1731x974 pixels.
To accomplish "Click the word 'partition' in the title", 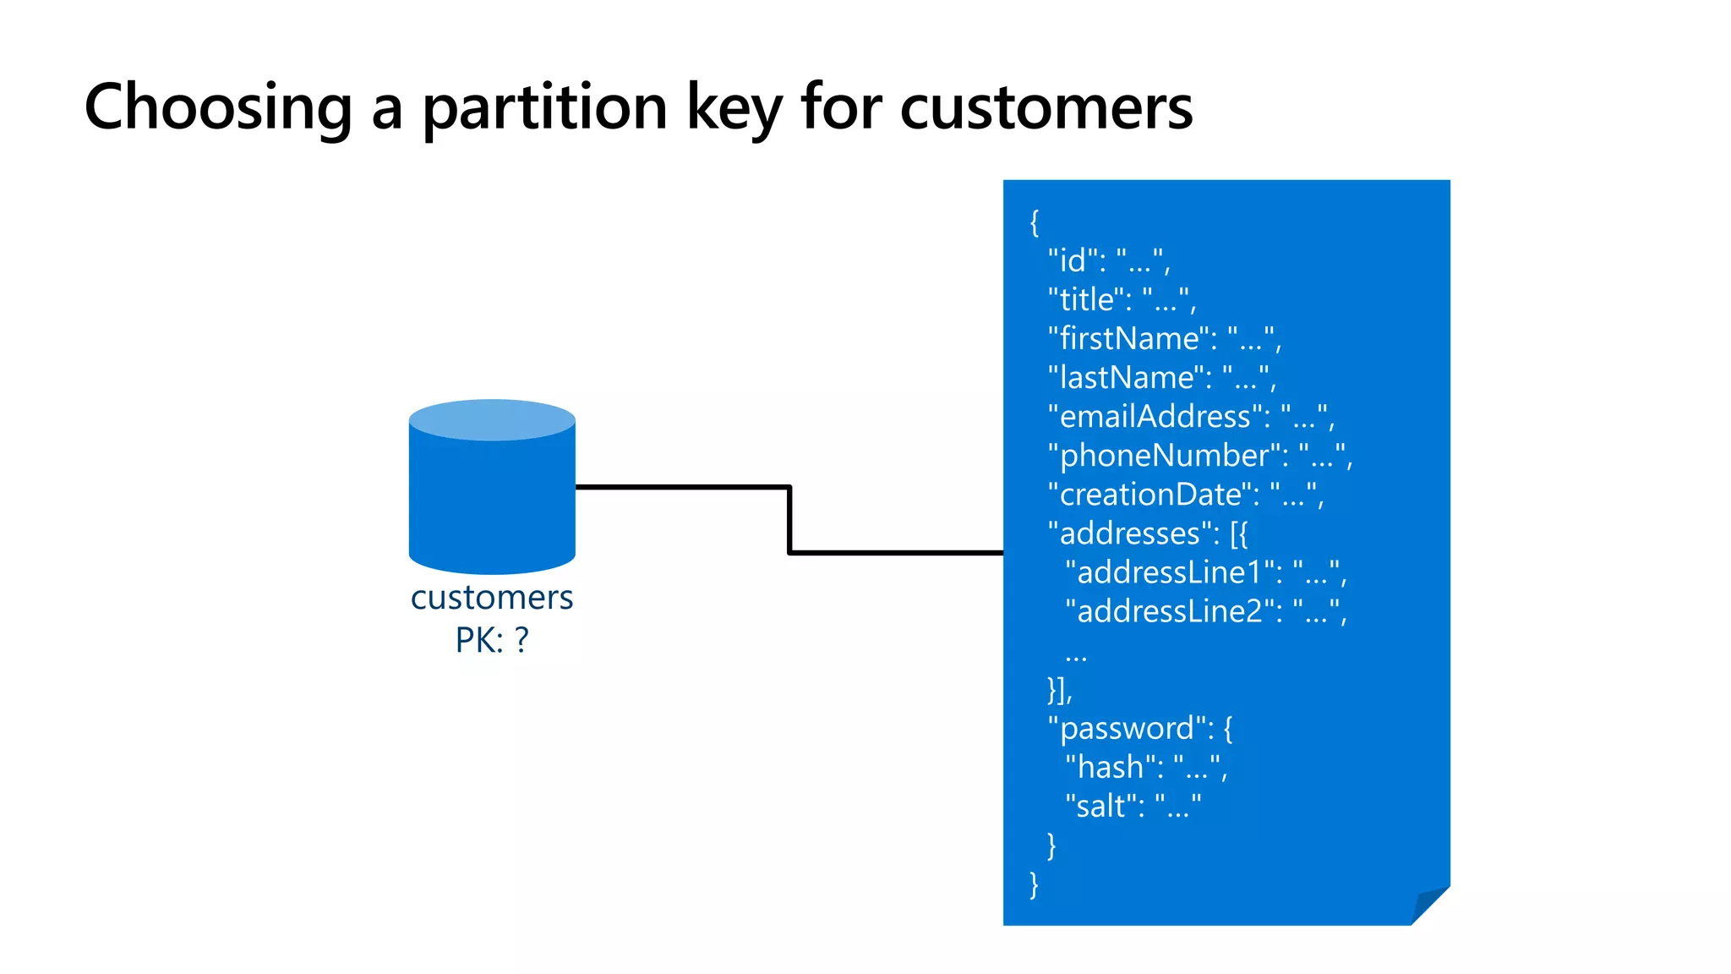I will click(x=545, y=108).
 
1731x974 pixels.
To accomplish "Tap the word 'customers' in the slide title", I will click(x=1046, y=108).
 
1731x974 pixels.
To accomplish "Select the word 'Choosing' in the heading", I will click(x=218, y=108).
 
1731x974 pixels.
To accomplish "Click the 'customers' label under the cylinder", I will click(x=492, y=598).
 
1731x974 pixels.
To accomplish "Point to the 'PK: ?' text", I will click(x=492, y=640).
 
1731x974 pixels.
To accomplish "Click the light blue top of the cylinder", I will click(x=492, y=419).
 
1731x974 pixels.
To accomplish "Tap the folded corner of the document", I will click(x=1430, y=905).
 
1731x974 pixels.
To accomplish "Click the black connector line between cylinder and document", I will click(x=789, y=519).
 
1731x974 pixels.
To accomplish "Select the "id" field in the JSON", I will click(x=1073, y=260).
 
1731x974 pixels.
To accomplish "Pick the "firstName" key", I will click(x=1129, y=338).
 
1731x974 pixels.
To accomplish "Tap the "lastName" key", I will click(x=1127, y=377).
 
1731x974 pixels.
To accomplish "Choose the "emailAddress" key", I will click(x=1155, y=416).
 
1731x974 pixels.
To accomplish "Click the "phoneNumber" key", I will click(x=1165, y=455).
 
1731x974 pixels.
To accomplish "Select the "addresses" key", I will click(x=1130, y=533).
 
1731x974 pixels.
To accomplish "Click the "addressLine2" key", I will click(x=1169, y=610).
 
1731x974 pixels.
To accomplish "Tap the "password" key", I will click(x=1127, y=728).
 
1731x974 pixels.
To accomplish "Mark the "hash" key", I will click(x=1111, y=767).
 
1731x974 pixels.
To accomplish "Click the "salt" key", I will click(x=1101, y=806).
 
